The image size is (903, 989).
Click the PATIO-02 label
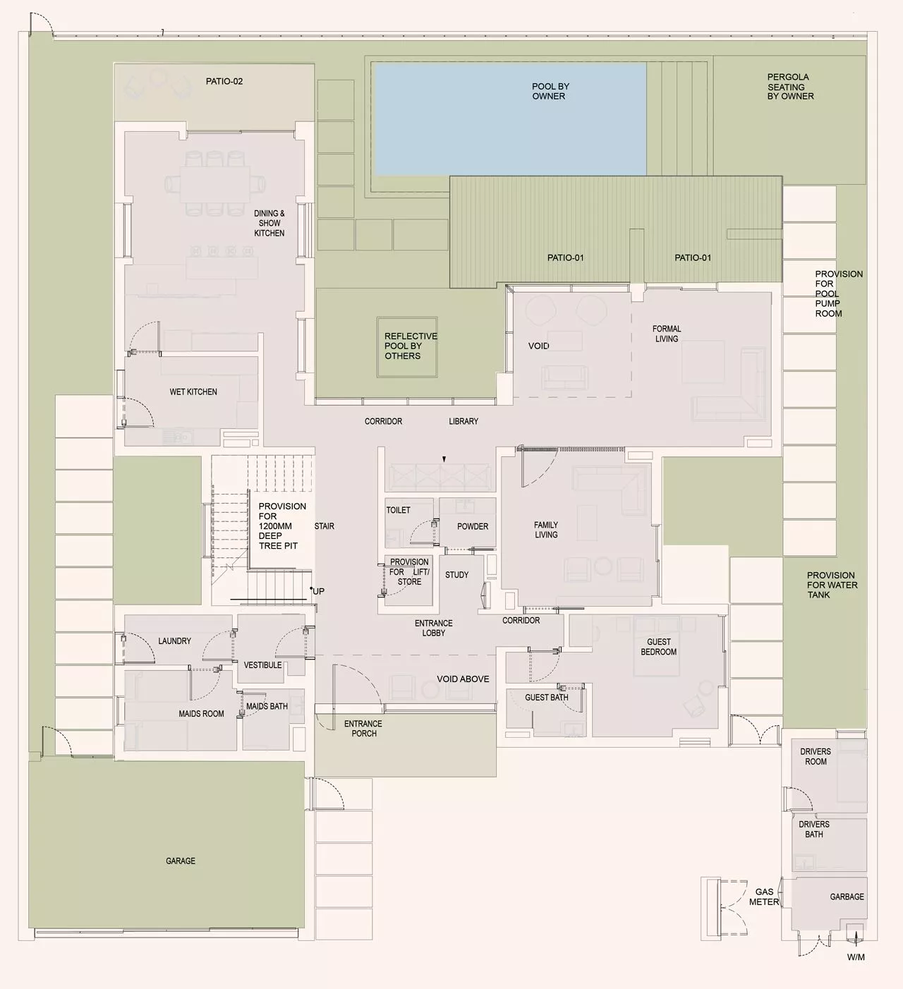(x=224, y=81)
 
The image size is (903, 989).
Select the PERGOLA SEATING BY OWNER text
(x=790, y=87)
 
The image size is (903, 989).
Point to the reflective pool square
(x=407, y=346)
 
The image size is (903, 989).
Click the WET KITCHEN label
(x=193, y=392)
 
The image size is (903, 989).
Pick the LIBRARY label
(x=463, y=422)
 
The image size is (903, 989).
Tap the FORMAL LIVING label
(x=667, y=334)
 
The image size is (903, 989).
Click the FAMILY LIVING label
(x=546, y=530)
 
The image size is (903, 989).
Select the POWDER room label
(x=473, y=526)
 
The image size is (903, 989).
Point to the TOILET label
(x=399, y=510)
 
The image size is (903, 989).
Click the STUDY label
(x=457, y=575)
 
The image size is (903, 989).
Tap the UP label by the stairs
(x=319, y=591)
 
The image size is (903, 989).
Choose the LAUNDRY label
(x=174, y=641)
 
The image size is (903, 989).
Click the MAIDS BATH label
(x=267, y=706)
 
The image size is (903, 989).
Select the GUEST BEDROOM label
(x=659, y=647)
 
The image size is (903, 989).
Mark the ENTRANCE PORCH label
(x=363, y=729)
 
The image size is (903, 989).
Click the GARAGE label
(x=181, y=861)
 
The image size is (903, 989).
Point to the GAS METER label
(x=764, y=897)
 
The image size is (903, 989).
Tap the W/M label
(x=856, y=957)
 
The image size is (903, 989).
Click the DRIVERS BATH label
(x=814, y=830)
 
